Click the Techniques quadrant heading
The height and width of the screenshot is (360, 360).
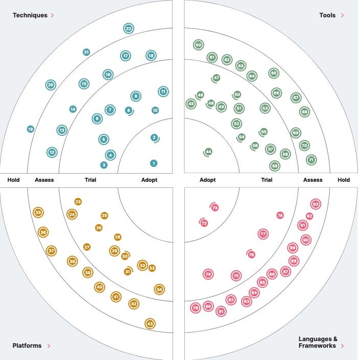[x=30, y=15]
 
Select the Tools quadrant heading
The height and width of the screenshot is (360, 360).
[x=327, y=15]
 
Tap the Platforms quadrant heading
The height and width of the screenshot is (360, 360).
[x=27, y=346]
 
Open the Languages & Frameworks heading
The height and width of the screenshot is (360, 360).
[x=318, y=342]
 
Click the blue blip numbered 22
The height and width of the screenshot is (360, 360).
[x=129, y=29]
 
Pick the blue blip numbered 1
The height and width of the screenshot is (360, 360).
[x=154, y=163]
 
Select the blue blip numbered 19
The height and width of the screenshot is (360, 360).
[x=31, y=129]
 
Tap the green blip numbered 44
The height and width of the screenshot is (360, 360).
[x=208, y=152]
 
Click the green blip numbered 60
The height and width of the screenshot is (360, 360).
[x=199, y=45]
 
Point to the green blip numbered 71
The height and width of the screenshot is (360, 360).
[x=311, y=160]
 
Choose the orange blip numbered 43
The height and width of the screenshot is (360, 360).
[x=150, y=324]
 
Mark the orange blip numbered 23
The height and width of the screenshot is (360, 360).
[x=78, y=202]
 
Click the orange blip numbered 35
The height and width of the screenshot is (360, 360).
[x=38, y=212]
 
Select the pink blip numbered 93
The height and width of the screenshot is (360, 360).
[x=316, y=204]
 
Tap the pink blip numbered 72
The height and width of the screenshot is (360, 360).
[x=204, y=223]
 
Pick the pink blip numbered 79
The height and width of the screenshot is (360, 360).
[x=196, y=308]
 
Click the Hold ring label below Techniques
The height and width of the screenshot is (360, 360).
[x=14, y=180]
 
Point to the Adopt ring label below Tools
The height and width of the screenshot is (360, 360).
[x=207, y=180]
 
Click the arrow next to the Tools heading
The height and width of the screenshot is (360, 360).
[x=342, y=15]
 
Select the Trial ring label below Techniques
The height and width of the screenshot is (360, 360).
[x=90, y=180]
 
